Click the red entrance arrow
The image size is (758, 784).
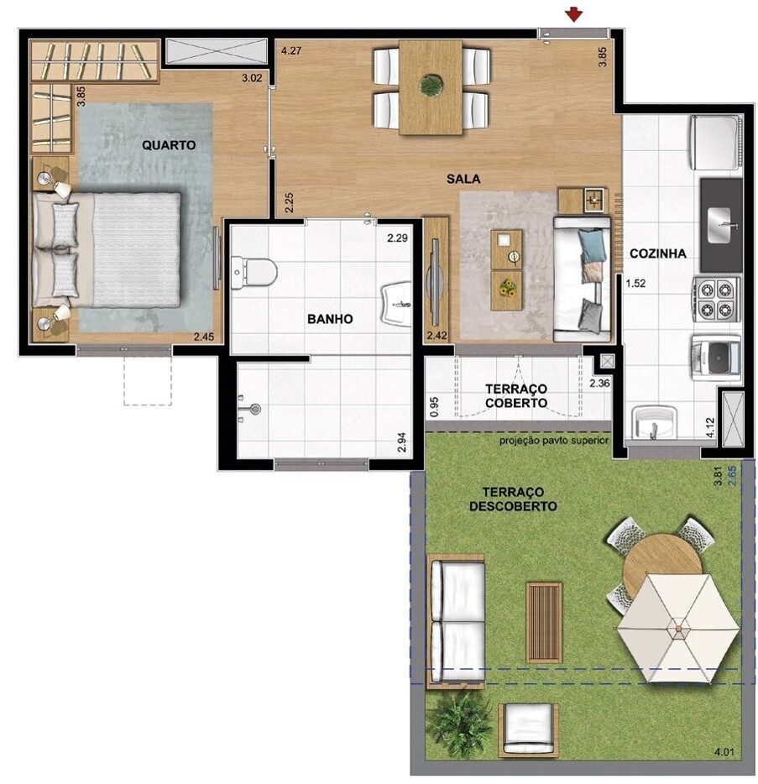point(574,15)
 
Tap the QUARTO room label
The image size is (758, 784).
point(169,145)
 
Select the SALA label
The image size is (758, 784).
point(463,179)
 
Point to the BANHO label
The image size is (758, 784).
point(330,319)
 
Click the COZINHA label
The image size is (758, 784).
point(657,253)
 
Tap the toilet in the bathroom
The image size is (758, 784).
point(254,273)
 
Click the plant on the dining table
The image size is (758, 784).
point(430,86)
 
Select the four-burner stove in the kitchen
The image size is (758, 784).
point(716,299)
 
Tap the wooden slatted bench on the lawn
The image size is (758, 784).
point(543,623)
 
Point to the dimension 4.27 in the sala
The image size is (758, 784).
point(291,50)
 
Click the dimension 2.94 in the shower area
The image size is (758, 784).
point(401,442)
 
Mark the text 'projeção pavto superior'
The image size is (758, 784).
point(554,441)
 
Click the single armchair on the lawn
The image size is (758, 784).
point(528,728)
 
